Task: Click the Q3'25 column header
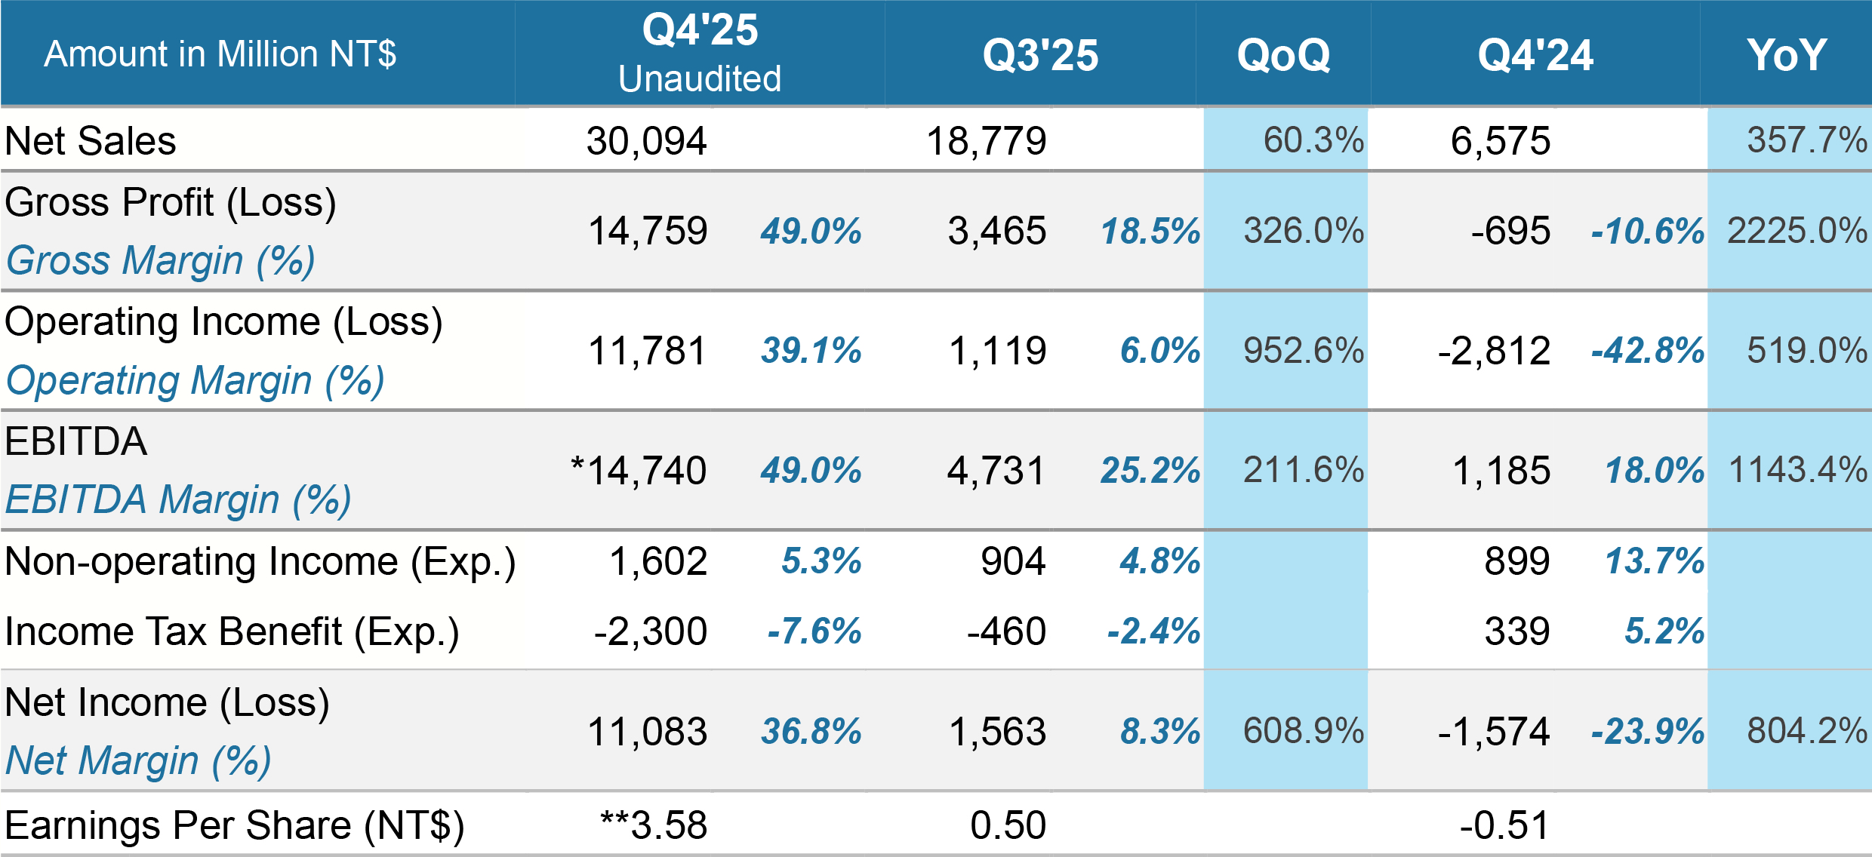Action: click(1040, 55)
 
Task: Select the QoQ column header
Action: click(1283, 55)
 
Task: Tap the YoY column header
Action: click(1786, 55)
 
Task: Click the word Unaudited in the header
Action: click(700, 79)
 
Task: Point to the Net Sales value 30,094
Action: click(646, 141)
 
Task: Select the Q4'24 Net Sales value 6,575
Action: click(1500, 141)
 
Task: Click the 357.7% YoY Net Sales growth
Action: click(1806, 140)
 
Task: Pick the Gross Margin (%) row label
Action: click(160, 261)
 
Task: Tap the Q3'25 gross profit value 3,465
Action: click(996, 231)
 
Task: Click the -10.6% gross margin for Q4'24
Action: click(1647, 231)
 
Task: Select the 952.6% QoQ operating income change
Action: click(1304, 351)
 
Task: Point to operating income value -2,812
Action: click(1494, 351)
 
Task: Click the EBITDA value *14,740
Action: click(639, 471)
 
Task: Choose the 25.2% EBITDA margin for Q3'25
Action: click(1150, 471)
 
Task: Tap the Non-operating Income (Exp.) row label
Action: click(260, 562)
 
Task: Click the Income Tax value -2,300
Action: click(650, 631)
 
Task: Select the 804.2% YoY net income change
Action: click(1806, 731)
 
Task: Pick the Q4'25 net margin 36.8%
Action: click(811, 731)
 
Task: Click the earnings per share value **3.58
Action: click(654, 825)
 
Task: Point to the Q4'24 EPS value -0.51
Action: click(1504, 825)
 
